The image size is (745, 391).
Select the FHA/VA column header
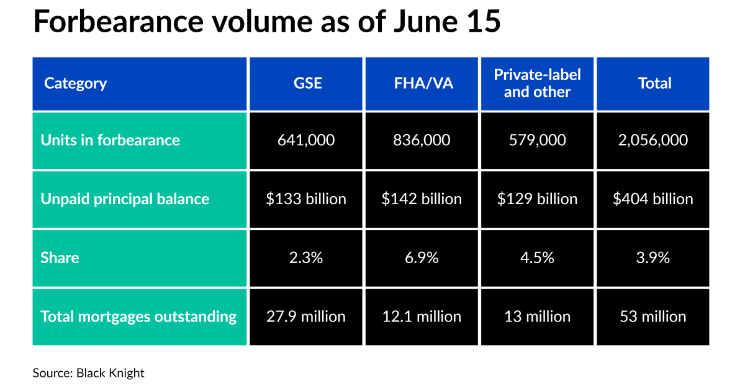pos(422,83)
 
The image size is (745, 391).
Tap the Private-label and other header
pos(537,83)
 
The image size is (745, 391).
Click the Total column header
pos(653,83)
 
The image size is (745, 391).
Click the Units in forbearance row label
pos(111,140)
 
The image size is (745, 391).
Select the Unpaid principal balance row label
pos(125,199)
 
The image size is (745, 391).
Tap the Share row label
pos(60,258)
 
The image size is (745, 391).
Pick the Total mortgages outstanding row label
pos(138,317)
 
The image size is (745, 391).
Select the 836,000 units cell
pos(422,140)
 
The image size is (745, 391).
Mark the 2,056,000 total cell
pos(653,140)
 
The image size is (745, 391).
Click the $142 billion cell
pos(422,199)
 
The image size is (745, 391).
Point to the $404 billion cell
pos(653,199)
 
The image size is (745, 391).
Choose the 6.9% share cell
pos(422,258)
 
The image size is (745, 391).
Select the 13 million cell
pos(537,317)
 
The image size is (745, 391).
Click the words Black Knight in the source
pos(111,373)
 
